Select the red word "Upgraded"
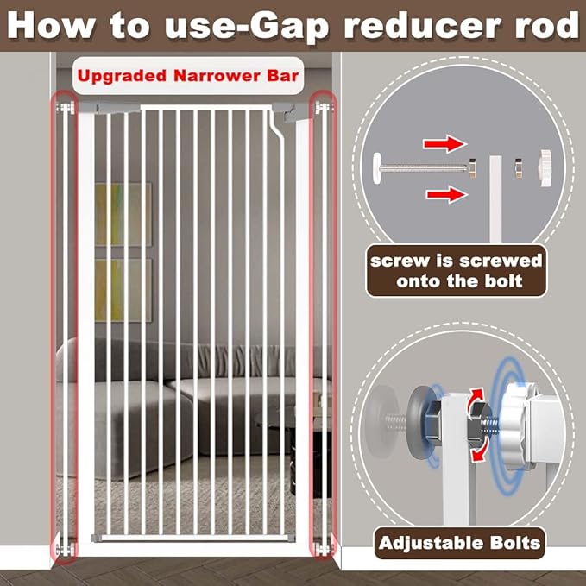click(x=122, y=77)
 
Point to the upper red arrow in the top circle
click(x=445, y=144)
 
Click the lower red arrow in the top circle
click(x=447, y=194)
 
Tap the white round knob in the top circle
click(x=545, y=168)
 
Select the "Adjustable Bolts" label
click(x=459, y=543)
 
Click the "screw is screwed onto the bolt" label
click(x=456, y=271)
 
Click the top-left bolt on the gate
click(x=66, y=109)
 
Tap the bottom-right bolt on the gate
click(x=324, y=549)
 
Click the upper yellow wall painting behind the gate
click(x=123, y=214)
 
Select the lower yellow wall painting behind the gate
click(x=123, y=290)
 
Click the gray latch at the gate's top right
click(x=291, y=111)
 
